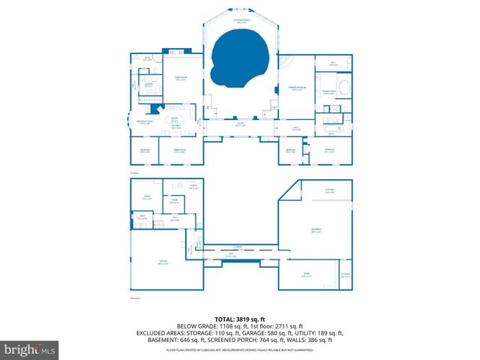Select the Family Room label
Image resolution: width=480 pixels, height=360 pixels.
point(180,79)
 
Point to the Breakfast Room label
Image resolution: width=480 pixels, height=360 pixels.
point(145,122)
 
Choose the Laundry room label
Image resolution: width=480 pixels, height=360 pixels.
point(148,85)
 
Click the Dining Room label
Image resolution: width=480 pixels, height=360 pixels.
point(179,152)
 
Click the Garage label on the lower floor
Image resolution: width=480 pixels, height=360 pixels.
point(163,262)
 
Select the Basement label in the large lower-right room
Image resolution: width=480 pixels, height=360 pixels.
point(316,231)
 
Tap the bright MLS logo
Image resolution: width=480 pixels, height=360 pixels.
point(30,349)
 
